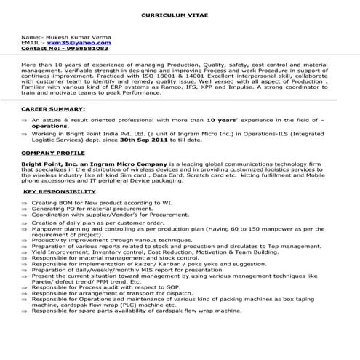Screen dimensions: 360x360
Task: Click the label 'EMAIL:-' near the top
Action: pyautogui.click(x=31, y=42)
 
